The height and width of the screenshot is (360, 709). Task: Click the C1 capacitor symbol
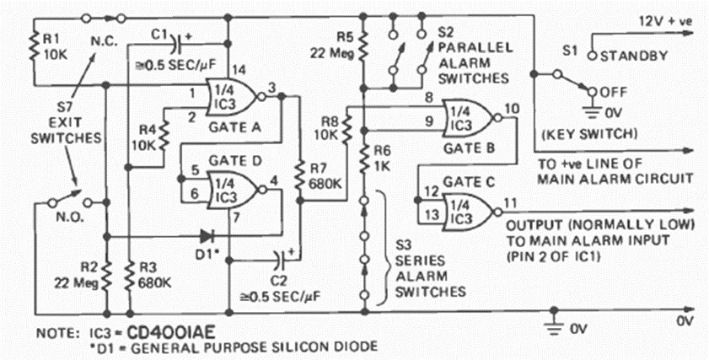[175, 40]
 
